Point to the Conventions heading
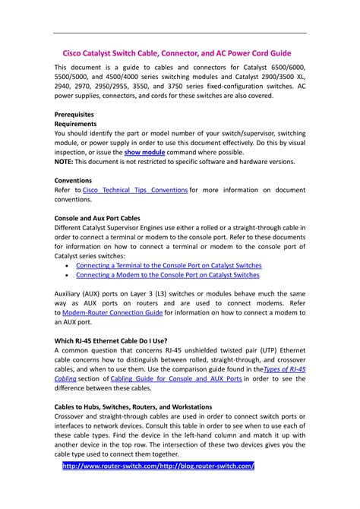[x=77, y=181]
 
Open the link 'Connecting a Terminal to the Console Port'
[x=169, y=266]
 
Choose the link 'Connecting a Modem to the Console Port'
[x=166, y=276]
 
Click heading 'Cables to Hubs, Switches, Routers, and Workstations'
[x=133, y=406]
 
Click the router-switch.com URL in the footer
[x=158, y=466]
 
